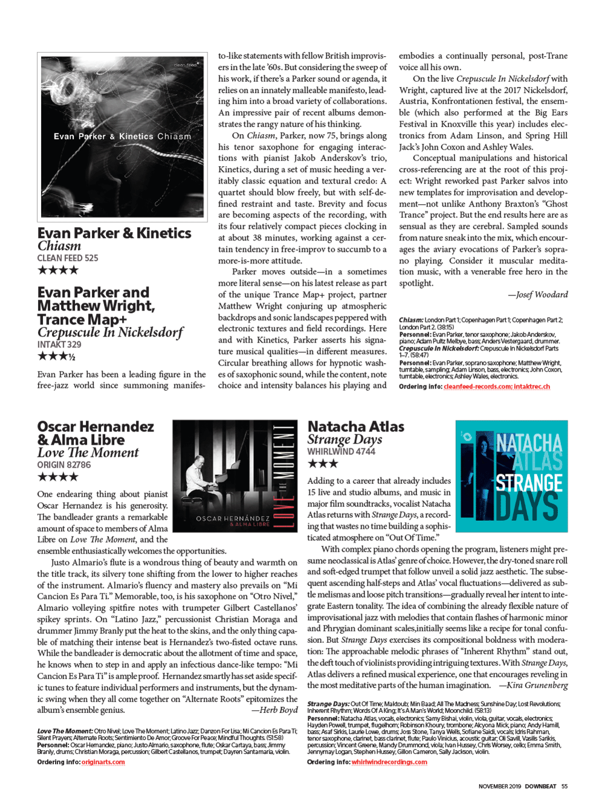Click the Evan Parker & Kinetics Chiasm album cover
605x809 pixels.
click(122, 136)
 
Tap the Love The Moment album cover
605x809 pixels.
click(235, 475)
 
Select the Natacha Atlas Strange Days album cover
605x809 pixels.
click(511, 476)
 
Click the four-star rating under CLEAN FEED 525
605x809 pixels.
click(58, 270)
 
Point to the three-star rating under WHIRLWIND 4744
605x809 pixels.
click(323, 464)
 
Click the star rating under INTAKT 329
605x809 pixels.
click(56, 356)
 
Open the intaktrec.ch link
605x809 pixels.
click(532, 387)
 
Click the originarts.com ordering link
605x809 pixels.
click(103, 762)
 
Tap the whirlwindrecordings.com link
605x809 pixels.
click(389, 762)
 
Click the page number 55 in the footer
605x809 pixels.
click(565, 786)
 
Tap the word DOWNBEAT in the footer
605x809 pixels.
click(540, 786)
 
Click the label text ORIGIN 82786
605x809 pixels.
click(64, 465)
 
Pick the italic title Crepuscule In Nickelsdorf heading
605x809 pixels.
click(110, 332)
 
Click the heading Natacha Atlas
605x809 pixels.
click(356, 427)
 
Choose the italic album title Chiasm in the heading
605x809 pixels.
click(59, 246)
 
